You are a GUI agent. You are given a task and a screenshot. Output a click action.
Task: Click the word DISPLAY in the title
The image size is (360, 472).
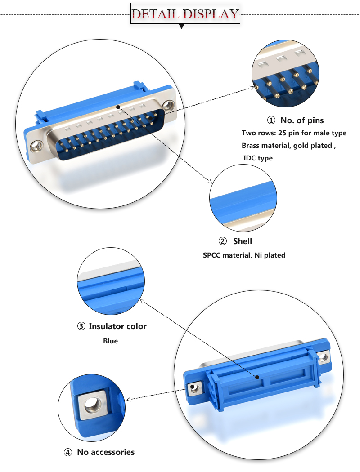click(210, 14)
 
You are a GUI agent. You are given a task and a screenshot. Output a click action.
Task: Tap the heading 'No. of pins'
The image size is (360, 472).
click(302, 120)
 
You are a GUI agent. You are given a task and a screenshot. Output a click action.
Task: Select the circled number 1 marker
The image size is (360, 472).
click(271, 120)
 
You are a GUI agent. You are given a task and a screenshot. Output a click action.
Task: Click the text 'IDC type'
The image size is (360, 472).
click(258, 158)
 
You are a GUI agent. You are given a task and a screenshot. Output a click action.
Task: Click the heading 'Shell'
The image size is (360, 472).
click(242, 241)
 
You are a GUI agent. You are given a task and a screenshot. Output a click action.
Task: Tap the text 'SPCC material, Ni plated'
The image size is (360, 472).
click(244, 255)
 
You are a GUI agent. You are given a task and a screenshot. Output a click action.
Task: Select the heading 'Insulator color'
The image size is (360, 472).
click(117, 326)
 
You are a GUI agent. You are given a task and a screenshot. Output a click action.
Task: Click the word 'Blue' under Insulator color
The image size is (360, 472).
click(110, 341)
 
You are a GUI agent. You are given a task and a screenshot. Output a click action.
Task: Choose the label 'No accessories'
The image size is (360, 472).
click(106, 452)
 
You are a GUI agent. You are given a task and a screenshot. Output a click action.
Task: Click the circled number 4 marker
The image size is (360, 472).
click(68, 452)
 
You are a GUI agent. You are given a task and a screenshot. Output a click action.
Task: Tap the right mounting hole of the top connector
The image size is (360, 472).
click(168, 106)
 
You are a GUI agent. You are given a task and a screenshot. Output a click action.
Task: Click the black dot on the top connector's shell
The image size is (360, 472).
click(118, 107)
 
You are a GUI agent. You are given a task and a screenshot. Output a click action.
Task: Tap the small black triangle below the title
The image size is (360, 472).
click(182, 27)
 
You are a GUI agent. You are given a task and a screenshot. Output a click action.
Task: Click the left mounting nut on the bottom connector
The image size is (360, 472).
click(194, 387)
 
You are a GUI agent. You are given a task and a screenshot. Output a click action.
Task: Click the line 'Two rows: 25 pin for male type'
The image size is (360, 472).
click(294, 133)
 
